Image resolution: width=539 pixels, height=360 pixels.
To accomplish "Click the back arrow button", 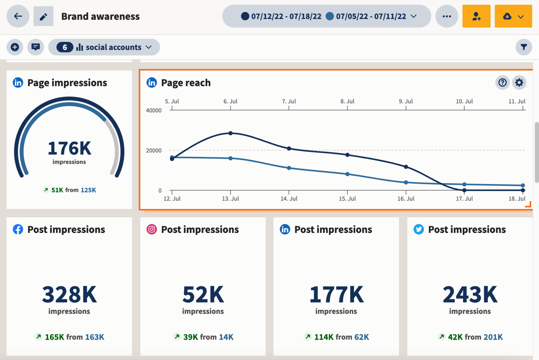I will tap(18, 16).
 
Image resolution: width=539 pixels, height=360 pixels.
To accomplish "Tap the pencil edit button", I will tap(43, 16).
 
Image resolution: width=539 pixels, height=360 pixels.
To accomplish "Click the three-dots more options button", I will tap(447, 16).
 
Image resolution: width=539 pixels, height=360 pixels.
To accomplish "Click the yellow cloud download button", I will tap(513, 16).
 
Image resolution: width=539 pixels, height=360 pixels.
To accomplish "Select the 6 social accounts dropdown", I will tap(104, 47).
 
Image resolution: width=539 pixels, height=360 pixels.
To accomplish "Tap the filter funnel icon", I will tap(523, 47).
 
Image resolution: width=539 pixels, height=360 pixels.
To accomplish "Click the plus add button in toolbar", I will tap(15, 47).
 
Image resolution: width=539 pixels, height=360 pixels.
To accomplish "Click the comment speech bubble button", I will tap(36, 47).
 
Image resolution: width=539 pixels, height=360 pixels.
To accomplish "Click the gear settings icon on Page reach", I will tap(519, 83).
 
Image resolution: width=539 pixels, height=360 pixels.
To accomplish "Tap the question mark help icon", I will tap(502, 83).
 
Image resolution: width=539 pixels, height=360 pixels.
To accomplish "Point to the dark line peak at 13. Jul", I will tap(231, 133).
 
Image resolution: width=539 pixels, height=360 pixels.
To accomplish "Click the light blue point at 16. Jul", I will tap(406, 182).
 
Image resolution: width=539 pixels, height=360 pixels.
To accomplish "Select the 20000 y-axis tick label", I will tap(154, 151).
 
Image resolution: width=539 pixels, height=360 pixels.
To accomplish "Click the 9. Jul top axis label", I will tap(406, 101).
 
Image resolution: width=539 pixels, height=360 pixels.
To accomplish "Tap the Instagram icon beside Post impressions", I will tap(152, 229).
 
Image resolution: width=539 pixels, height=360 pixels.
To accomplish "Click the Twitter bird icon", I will tap(418, 229).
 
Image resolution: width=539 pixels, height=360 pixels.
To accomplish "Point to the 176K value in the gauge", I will tap(69, 148).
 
